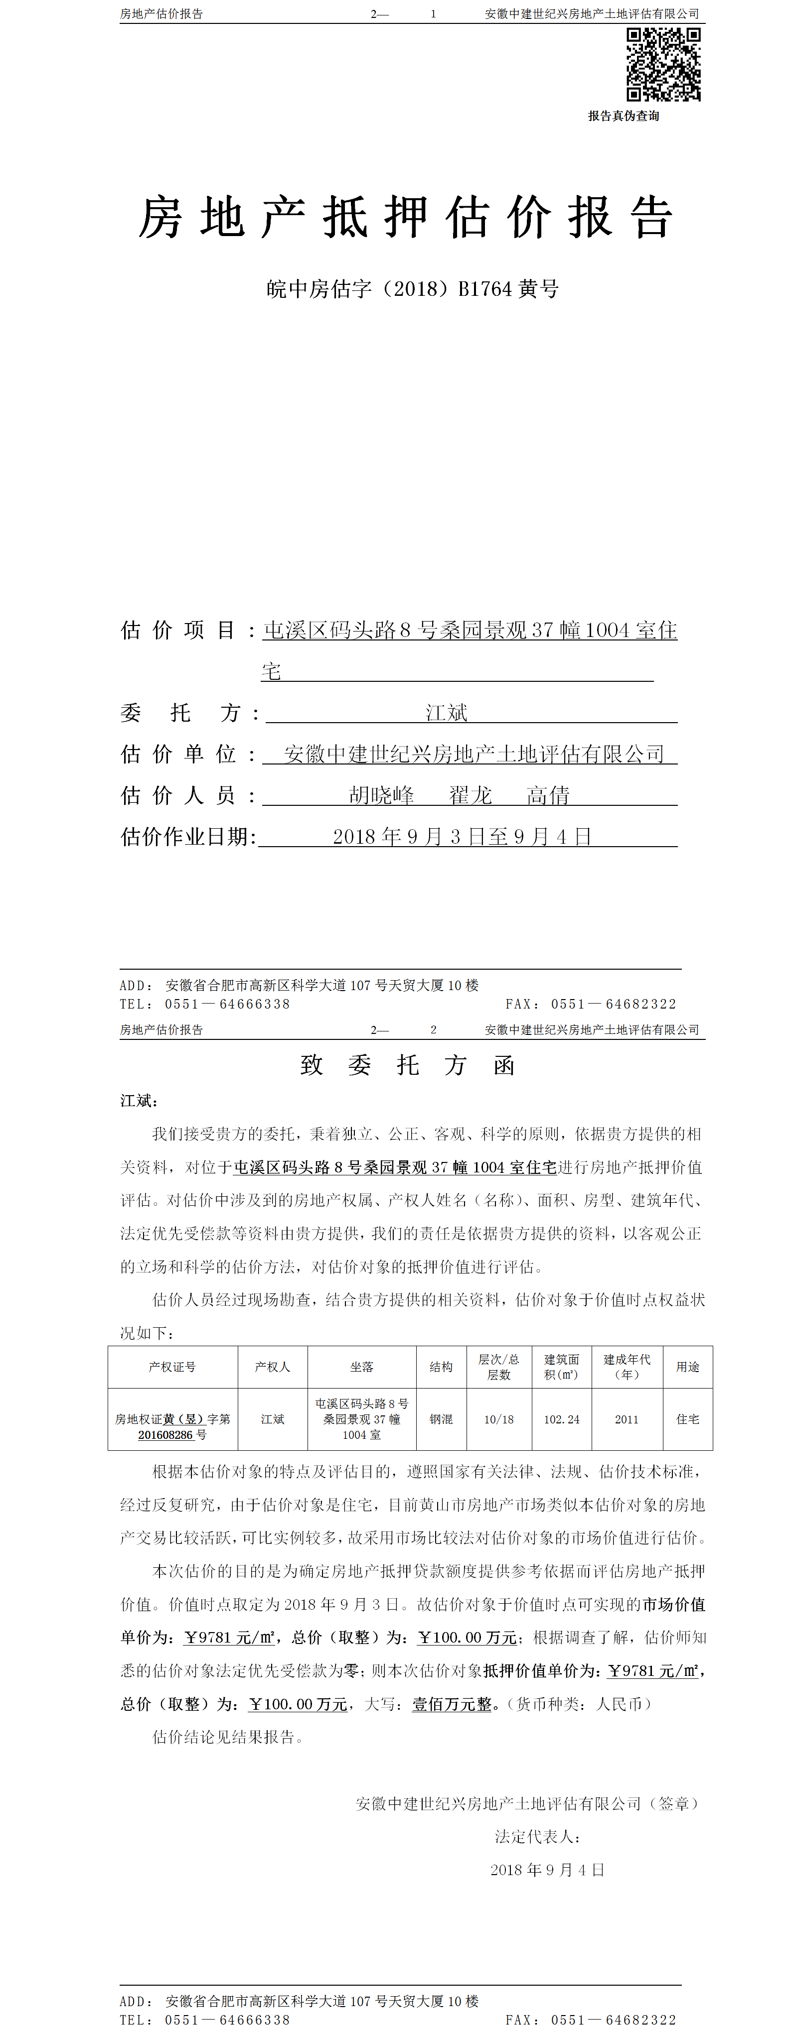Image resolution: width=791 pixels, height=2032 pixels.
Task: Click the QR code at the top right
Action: pyautogui.click(x=663, y=65)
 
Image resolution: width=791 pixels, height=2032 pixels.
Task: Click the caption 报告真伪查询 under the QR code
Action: pyautogui.click(x=623, y=116)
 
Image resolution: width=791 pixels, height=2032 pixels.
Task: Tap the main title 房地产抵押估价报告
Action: pyautogui.click(x=406, y=218)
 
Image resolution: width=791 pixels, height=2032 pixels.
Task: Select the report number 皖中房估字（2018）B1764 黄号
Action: pyautogui.click(x=412, y=289)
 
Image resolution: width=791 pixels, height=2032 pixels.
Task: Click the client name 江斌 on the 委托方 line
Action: pyautogui.click(x=447, y=713)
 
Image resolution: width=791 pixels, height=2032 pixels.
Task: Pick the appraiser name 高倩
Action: pyautogui.click(x=548, y=795)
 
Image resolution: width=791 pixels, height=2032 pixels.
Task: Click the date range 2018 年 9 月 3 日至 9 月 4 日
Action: pyautogui.click(x=462, y=836)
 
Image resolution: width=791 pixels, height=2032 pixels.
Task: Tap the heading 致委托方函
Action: pyautogui.click(x=407, y=1066)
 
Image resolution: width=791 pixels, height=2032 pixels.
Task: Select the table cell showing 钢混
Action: pyautogui.click(x=441, y=1419)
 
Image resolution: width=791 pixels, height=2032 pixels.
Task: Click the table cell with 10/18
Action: pyautogui.click(x=499, y=1419)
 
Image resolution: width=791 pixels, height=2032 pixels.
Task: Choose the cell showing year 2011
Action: pyautogui.click(x=627, y=1419)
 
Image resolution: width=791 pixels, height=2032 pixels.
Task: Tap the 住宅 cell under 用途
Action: pyautogui.click(x=688, y=1419)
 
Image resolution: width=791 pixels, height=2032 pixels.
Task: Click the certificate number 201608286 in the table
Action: pyautogui.click(x=166, y=1435)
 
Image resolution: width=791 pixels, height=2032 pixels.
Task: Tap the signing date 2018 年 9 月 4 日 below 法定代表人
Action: pyautogui.click(x=547, y=1870)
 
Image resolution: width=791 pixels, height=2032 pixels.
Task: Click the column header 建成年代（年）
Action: pyautogui.click(x=627, y=1367)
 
